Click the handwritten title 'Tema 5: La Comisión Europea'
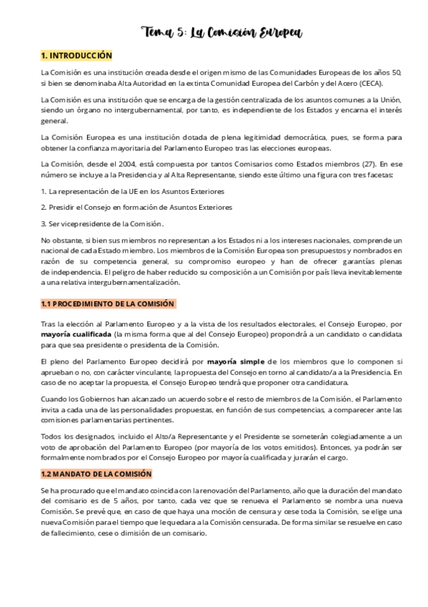222,32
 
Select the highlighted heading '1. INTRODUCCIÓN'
76,56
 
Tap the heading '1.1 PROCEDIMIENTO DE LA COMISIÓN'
107,304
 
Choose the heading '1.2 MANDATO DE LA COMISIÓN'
96,475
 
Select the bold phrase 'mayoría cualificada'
75,334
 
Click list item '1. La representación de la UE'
133,191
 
